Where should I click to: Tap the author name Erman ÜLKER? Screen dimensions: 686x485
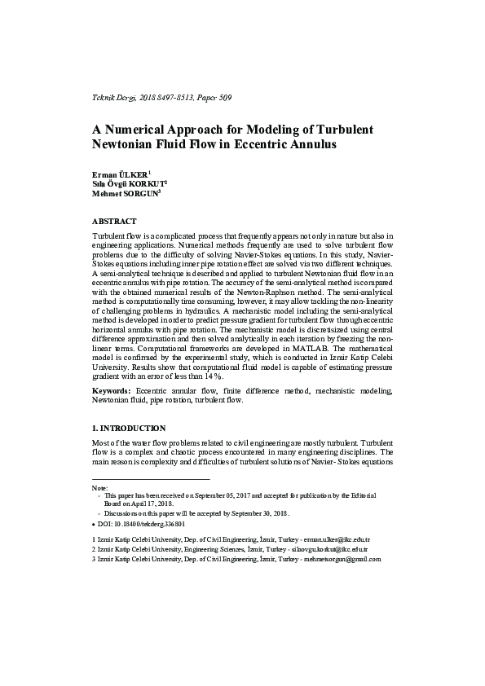click(121, 175)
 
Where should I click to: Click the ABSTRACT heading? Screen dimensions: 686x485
click(114, 221)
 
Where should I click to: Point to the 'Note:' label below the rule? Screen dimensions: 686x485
click(100, 486)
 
